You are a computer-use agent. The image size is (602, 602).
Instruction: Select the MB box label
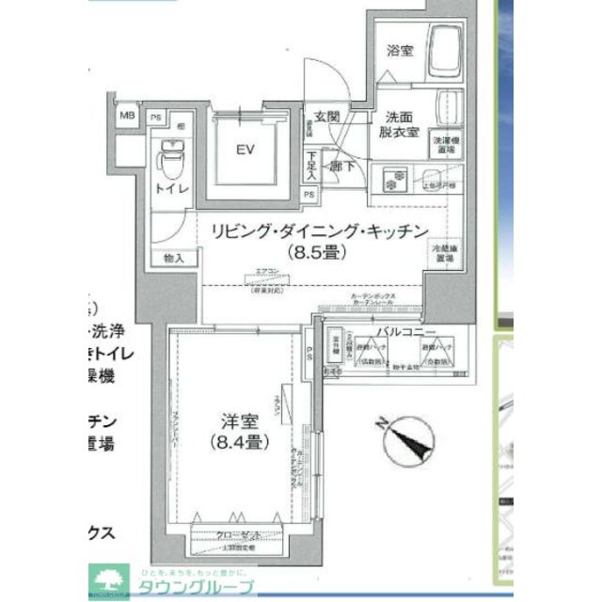click(127, 116)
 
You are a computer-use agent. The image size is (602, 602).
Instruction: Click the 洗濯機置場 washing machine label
click(446, 144)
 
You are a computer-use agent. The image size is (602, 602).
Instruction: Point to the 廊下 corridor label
click(338, 166)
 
